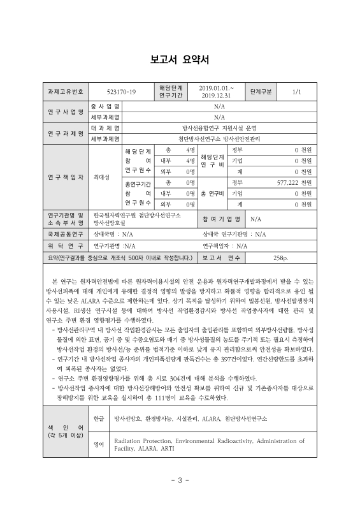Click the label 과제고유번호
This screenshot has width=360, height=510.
62,92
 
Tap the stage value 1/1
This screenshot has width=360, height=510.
296,92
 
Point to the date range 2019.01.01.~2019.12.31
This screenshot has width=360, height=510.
216,92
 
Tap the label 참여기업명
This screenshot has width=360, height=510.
221,219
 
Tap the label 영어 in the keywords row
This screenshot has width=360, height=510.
99,444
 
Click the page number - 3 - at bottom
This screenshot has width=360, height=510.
180,480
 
